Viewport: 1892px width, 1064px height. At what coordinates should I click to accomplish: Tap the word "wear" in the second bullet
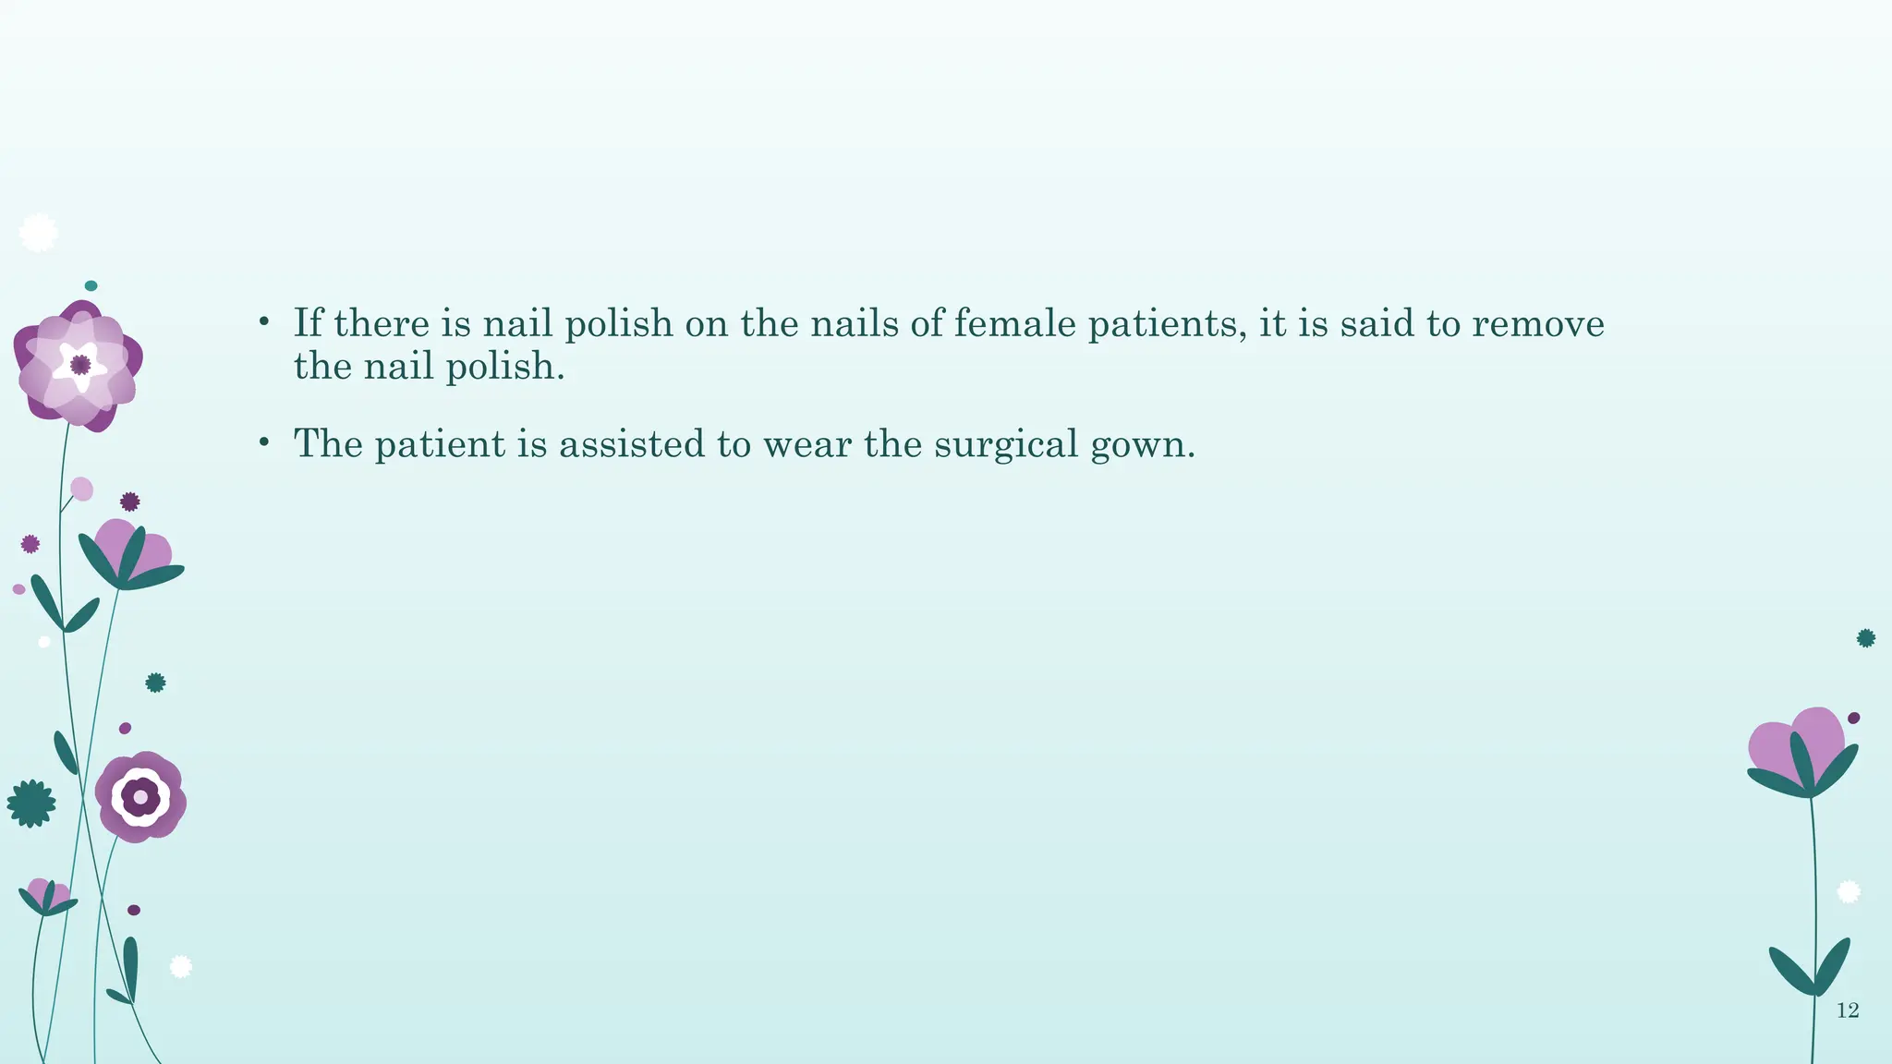pyautogui.click(x=807, y=444)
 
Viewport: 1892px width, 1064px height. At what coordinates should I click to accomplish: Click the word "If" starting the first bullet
pyautogui.click(x=309, y=322)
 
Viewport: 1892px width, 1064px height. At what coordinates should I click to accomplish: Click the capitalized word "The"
pyautogui.click(x=328, y=443)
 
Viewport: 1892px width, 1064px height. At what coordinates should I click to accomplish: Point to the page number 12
pyautogui.click(x=1848, y=1010)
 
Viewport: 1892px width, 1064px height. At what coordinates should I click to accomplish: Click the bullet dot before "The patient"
pyautogui.click(x=263, y=444)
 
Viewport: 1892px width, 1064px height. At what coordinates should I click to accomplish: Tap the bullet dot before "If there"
pyautogui.click(x=263, y=323)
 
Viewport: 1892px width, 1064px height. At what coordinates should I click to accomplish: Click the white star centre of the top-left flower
pyautogui.click(x=80, y=365)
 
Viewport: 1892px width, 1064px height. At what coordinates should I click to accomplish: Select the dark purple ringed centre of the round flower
pyautogui.click(x=140, y=796)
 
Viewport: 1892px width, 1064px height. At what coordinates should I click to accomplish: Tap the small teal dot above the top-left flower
pyautogui.click(x=91, y=286)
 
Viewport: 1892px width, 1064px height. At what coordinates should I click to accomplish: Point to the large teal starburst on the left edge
pyautogui.click(x=31, y=804)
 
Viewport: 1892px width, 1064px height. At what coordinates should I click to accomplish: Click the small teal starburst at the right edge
pyautogui.click(x=1866, y=638)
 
